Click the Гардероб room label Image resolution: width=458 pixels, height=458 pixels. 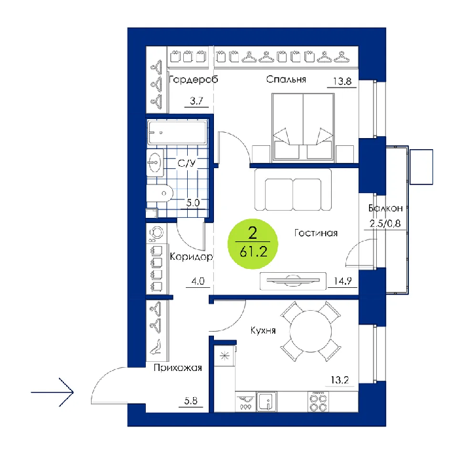click(194, 79)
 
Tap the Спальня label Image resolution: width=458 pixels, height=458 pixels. click(286, 79)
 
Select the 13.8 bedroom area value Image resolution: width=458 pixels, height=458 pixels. click(342, 81)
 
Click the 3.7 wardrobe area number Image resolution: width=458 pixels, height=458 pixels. click(196, 101)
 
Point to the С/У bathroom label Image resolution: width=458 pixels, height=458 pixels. click(186, 163)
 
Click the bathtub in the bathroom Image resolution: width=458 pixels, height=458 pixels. click(177, 133)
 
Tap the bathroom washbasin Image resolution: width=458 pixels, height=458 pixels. click(155, 162)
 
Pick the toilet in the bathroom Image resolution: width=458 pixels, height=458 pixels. click(160, 193)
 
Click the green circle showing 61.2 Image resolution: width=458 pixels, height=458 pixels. click(253, 243)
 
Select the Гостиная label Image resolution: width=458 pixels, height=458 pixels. click(316, 233)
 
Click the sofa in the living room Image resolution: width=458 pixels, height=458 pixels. click(293, 190)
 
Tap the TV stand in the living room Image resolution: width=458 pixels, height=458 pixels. click(293, 281)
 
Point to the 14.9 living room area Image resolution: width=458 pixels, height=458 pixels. click(343, 281)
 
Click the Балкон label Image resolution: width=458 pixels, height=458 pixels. click(385, 208)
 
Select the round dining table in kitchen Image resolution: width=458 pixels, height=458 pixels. click(311, 331)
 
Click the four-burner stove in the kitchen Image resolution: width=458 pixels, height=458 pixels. click(318, 402)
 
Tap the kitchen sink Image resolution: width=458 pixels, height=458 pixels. click(266, 402)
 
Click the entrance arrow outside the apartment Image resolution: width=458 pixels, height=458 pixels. click(52, 392)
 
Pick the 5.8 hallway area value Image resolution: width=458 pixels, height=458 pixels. click(191, 400)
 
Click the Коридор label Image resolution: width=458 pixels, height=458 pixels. click(191, 256)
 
